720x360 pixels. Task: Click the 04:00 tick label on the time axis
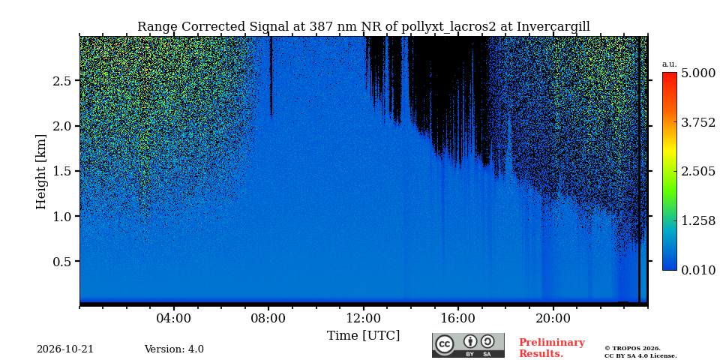click(x=174, y=319)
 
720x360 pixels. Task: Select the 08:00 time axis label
click(x=268, y=319)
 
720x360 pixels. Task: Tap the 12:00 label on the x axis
click(x=364, y=319)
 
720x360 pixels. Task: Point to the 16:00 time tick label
click(x=458, y=319)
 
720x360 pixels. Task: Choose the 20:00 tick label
click(x=553, y=319)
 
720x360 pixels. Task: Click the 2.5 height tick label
click(x=62, y=81)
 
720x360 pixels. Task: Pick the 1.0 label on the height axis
click(x=62, y=216)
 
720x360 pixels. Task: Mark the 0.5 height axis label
click(x=62, y=261)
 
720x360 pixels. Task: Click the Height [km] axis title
click(x=41, y=172)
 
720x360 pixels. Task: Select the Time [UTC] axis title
click(x=363, y=336)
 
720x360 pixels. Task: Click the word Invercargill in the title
click(x=553, y=27)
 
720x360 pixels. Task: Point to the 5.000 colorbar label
click(x=698, y=73)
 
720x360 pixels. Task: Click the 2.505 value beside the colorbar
click(x=698, y=171)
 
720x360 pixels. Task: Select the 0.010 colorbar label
click(x=698, y=270)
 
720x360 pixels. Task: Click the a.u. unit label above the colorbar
click(x=670, y=64)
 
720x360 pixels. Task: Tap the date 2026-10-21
click(x=65, y=349)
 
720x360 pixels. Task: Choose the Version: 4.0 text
click(x=174, y=349)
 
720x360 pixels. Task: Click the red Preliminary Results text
click(x=552, y=348)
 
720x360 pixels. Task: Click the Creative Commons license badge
click(x=468, y=345)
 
